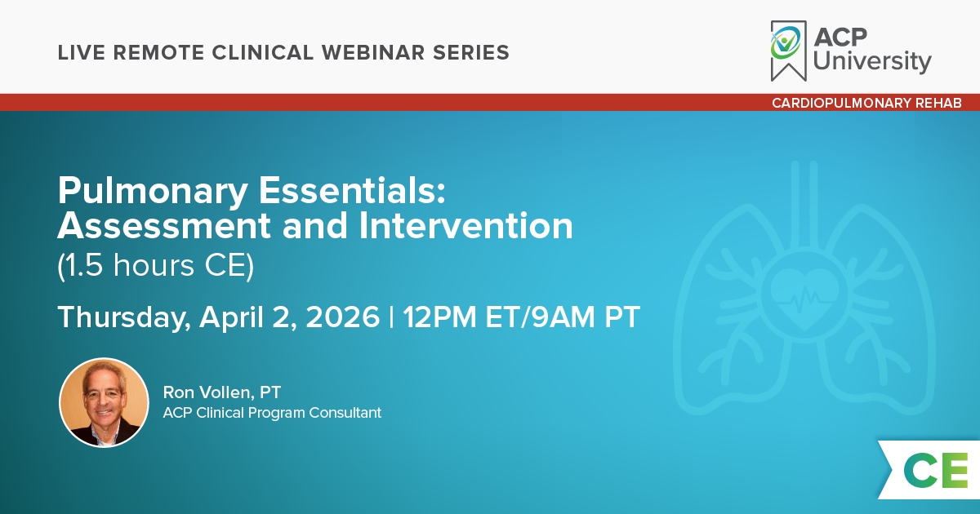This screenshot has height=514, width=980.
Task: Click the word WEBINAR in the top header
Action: tap(373, 52)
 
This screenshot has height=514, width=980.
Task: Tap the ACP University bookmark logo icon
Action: tap(788, 51)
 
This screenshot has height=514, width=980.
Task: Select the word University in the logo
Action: tap(872, 61)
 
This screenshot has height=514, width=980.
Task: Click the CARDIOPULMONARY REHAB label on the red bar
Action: tap(866, 103)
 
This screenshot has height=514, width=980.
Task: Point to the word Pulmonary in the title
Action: tap(153, 192)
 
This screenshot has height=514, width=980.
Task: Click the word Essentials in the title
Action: tap(352, 191)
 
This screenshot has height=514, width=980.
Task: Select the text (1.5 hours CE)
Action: tap(156, 265)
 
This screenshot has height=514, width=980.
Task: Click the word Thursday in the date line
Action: tap(124, 317)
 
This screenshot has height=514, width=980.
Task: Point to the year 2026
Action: tap(342, 317)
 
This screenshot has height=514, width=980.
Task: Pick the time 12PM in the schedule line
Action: tap(439, 317)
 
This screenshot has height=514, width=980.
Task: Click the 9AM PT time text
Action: tap(586, 317)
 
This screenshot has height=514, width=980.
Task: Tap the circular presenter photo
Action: tap(105, 402)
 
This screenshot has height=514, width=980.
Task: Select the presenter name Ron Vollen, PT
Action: tap(222, 392)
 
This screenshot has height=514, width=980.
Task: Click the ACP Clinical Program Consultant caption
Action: tap(272, 413)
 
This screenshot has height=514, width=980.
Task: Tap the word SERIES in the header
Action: tap(471, 52)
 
